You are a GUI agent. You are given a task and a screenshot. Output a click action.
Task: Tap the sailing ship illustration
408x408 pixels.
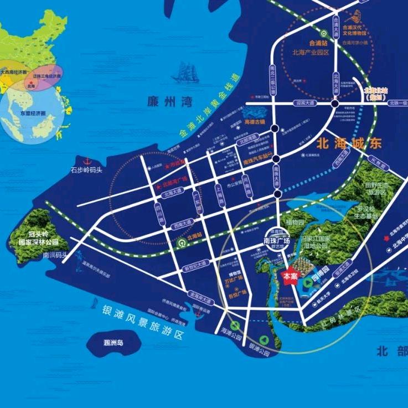pyautogui.click(x=186, y=73)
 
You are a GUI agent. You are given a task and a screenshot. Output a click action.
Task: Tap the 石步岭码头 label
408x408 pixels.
pyautogui.click(x=85, y=169)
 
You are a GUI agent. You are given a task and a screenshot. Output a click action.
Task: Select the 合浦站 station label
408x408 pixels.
pyautogui.click(x=319, y=42)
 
